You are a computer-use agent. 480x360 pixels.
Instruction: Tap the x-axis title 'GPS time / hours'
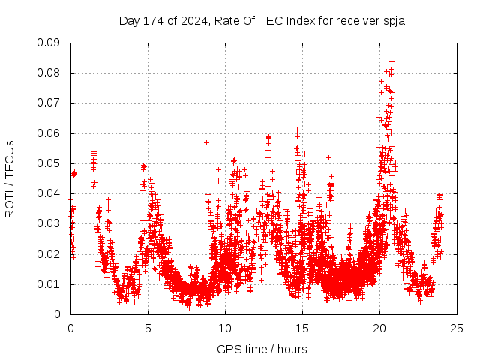pos(262,349)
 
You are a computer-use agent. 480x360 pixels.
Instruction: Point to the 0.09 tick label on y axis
pos(50,43)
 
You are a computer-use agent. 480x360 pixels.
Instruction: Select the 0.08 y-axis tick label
pos(50,73)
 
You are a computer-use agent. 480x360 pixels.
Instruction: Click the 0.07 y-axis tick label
pos(50,103)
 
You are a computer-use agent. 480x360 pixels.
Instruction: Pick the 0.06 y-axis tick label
pos(50,133)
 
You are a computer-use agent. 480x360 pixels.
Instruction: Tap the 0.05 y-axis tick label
pos(50,163)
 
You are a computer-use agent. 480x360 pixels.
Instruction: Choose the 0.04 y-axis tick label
pos(50,193)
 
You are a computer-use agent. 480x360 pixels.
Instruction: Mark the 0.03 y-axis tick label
pos(50,223)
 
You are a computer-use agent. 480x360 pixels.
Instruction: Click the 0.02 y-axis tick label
pos(50,253)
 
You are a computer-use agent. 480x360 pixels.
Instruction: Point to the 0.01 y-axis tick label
pos(50,284)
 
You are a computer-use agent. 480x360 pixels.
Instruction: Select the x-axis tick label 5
pos(148,328)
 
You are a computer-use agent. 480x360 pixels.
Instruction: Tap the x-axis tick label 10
pos(225,328)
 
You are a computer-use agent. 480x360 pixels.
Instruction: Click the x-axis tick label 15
pos(302,328)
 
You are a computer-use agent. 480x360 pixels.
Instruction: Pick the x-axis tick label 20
pos(380,328)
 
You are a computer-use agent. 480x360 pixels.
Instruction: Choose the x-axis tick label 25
pos(457,328)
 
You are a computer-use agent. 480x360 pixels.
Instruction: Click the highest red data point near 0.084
pos(391,61)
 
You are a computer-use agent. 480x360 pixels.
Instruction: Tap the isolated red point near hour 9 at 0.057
pos(206,142)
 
